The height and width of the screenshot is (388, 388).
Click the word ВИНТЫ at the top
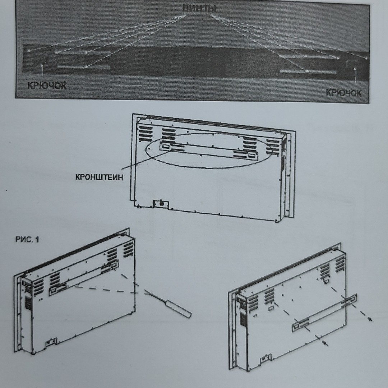pos(199,8)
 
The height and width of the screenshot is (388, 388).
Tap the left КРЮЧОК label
pos(47,86)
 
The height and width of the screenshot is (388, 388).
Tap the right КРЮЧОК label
pos(343,93)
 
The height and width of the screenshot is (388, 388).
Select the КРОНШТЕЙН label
pos(99,177)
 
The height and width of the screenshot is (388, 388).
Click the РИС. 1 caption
pos(27,240)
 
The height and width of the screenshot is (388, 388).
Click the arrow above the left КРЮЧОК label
pos(42,70)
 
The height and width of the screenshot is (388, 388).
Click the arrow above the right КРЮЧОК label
pos(355,75)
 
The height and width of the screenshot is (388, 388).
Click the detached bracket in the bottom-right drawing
pos(325,313)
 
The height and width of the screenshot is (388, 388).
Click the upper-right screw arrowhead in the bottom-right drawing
pos(370,319)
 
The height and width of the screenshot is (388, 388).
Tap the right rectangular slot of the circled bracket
pos(253,156)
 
